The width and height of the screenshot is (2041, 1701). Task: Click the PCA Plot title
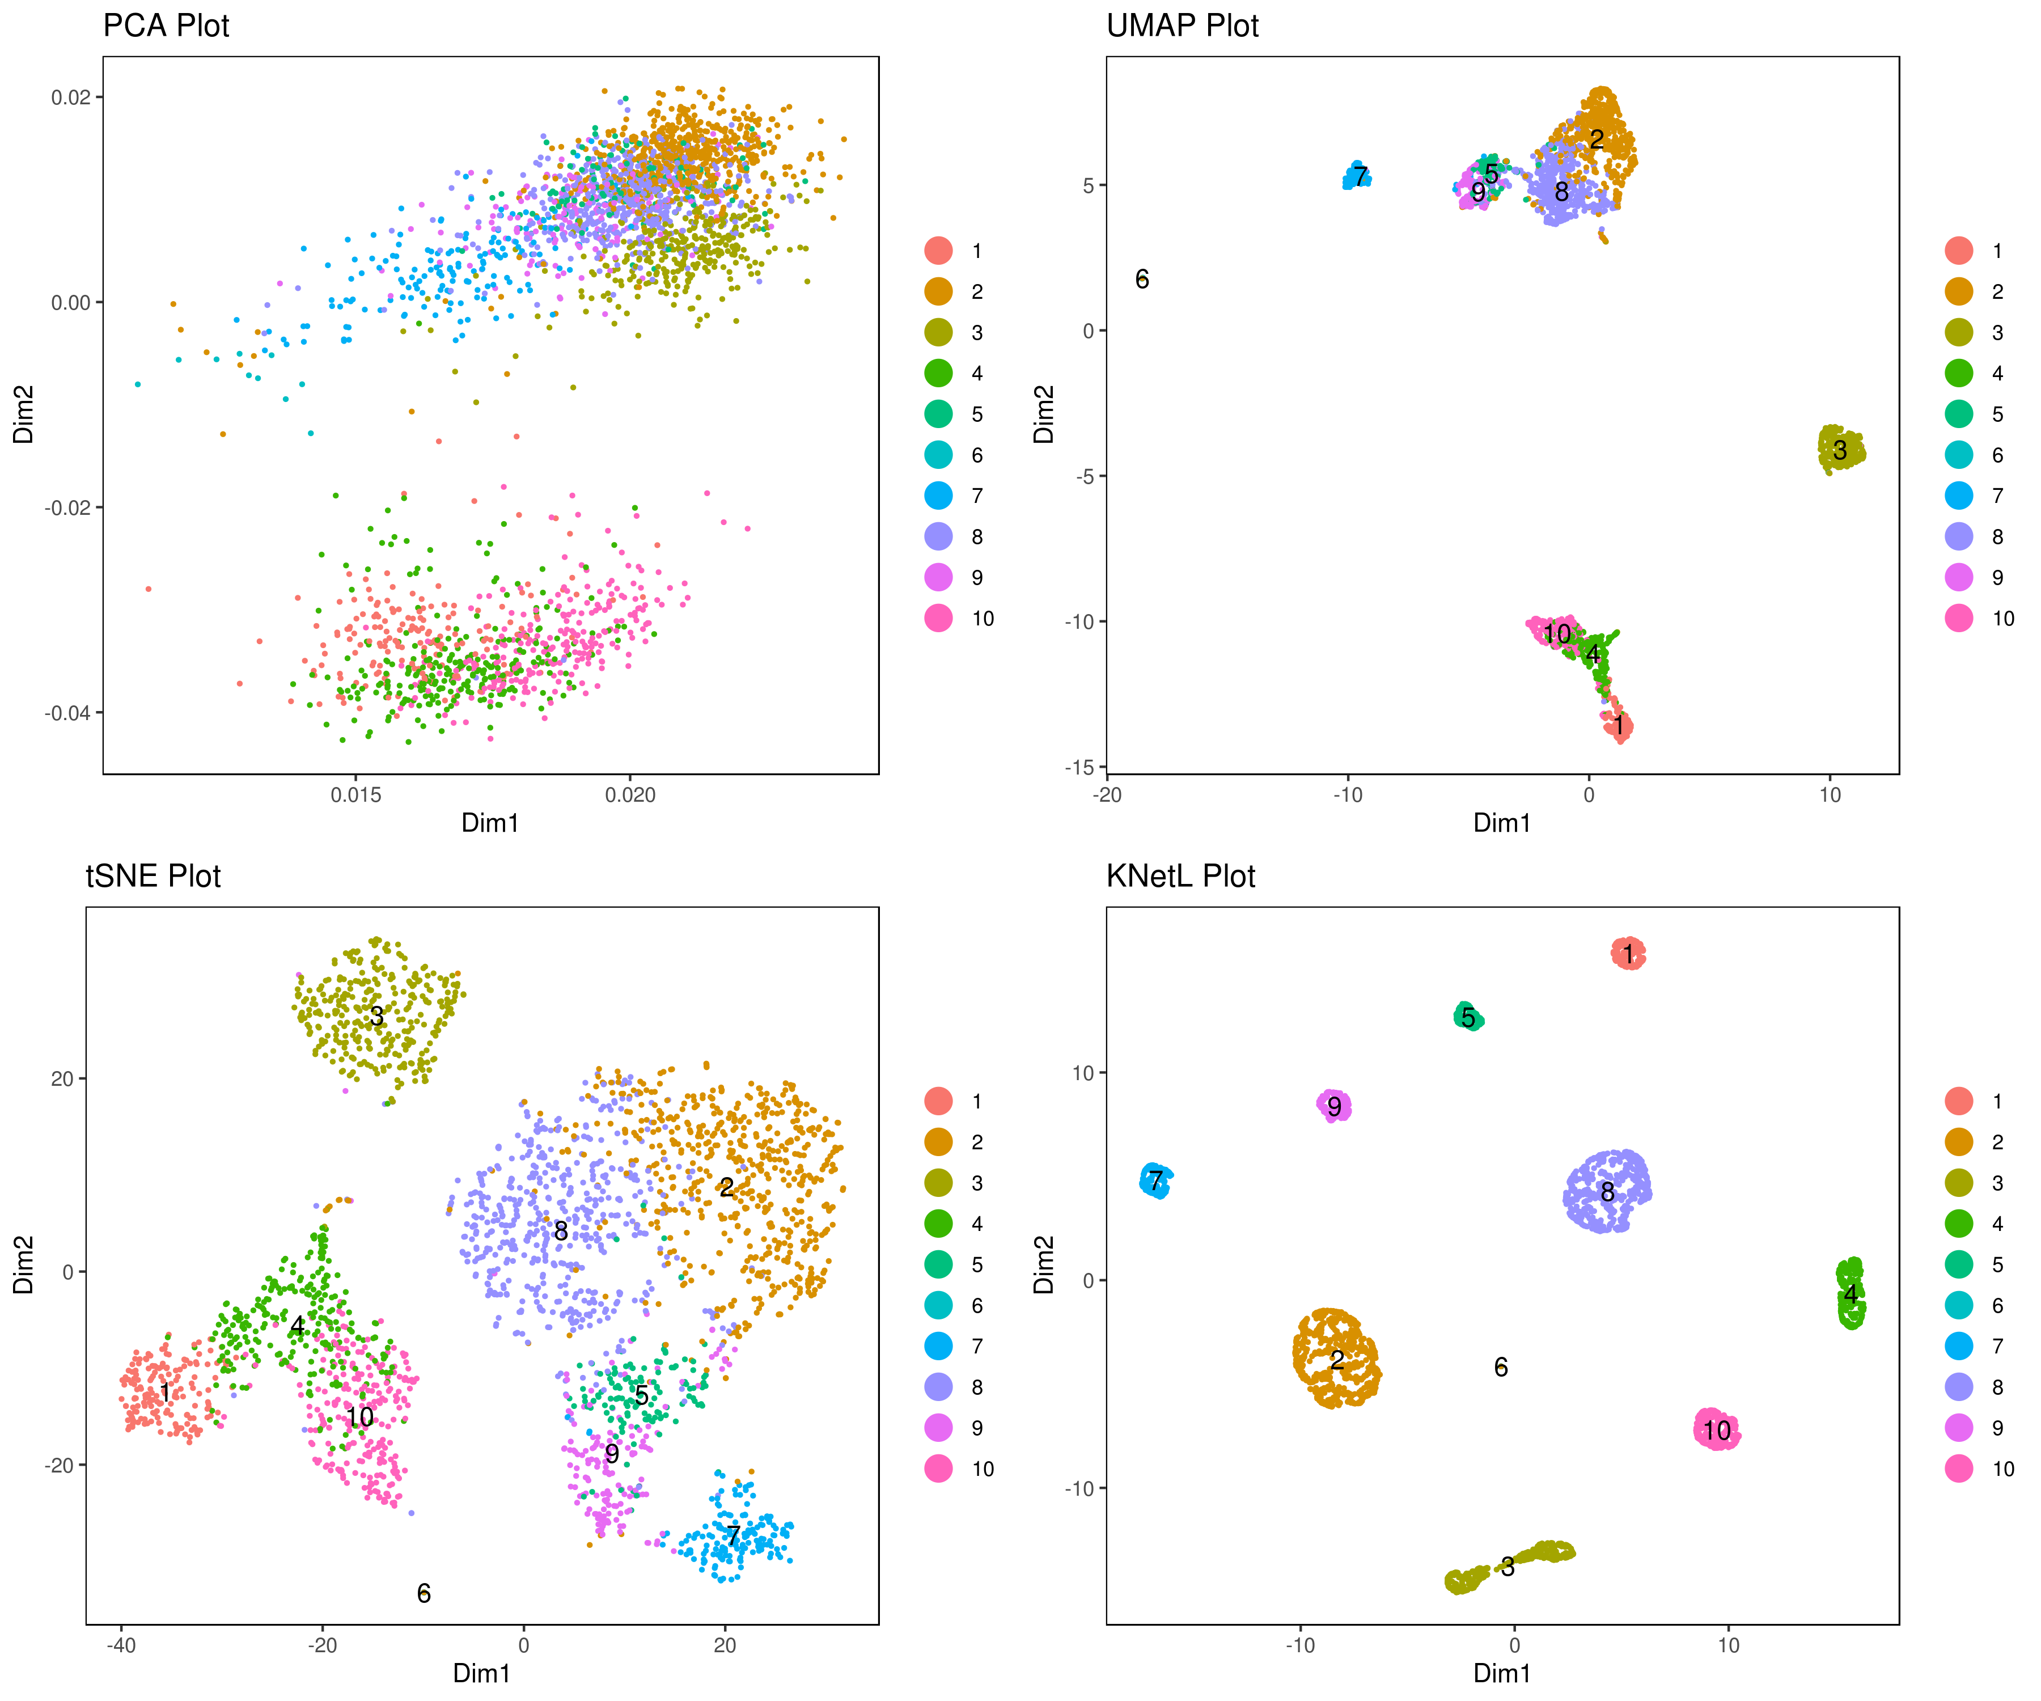166,26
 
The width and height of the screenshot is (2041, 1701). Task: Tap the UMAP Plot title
1182,26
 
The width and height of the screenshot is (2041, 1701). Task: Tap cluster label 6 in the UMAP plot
1142,279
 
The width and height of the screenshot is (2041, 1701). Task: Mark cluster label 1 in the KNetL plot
1629,954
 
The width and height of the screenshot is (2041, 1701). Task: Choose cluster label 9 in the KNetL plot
1335,1106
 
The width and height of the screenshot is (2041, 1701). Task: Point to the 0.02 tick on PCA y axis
70,97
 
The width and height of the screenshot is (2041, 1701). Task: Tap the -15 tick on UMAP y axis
1079,767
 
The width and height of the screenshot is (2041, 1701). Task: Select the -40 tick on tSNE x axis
121,1645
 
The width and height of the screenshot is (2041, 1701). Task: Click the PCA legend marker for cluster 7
938,496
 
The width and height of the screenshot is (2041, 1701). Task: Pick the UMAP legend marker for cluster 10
1958,618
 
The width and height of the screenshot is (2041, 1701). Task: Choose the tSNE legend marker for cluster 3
938,1183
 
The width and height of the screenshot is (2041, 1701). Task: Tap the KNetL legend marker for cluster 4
1958,1224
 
